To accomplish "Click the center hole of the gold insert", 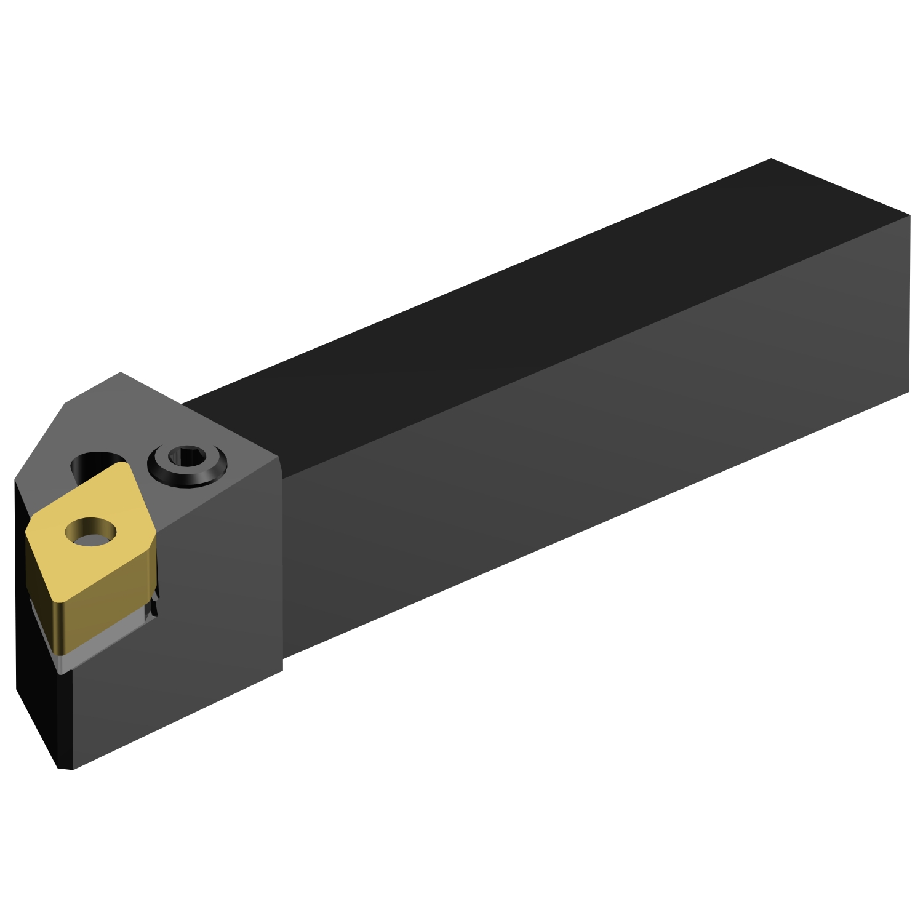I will click(x=91, y=531).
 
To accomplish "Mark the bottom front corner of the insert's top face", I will click(x=62, y=604).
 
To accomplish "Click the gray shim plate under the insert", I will click(x=105, y=646).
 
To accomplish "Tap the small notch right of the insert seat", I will click(x=152, y=606).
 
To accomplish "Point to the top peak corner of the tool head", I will click(x=121, y=372).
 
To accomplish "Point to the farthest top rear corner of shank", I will click(x=771, y=159).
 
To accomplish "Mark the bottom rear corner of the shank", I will click(x=909, y=391).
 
